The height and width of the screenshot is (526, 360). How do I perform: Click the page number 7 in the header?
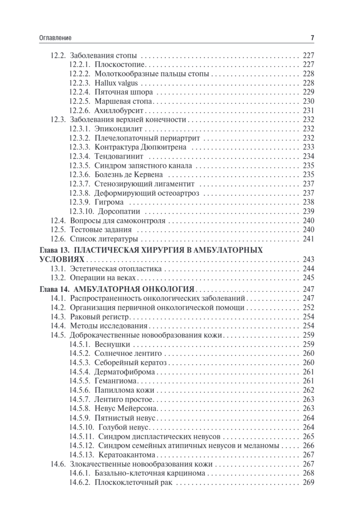pos(312,38)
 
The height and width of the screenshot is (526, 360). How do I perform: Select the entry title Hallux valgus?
pos(114,83)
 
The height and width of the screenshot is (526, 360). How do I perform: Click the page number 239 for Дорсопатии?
pos(309,211)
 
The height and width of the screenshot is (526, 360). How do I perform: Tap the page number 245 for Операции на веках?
pos(309,278)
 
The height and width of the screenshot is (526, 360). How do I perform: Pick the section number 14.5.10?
pos(81,427)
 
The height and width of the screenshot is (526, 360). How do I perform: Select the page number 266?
pos(309,445)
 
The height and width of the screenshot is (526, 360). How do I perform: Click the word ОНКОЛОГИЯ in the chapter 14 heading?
pos(165,289)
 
